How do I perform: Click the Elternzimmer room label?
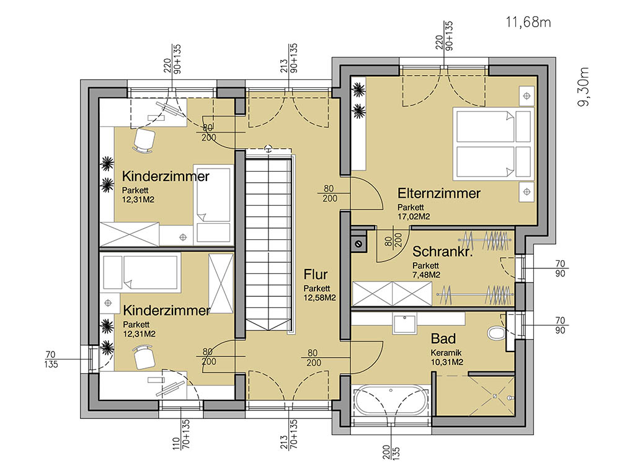[438, 193]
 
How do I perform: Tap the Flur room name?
[316, 275]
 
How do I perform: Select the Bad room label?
[443, 338]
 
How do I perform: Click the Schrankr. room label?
[443, 252]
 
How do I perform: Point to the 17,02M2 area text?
[414, 216]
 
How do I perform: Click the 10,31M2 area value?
[446, 362]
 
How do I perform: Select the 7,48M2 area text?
[426, 275]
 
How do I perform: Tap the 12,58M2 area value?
[319, 298]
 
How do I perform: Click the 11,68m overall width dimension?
[528, 22]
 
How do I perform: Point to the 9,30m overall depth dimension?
[584, 87]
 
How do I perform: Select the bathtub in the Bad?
[390, 402]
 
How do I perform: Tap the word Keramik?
[446, 353]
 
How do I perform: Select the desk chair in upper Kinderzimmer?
[143, 141]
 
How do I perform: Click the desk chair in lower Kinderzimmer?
[144, 356]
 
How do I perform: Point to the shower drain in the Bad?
[494, 396]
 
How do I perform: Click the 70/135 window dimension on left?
[51, 359]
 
